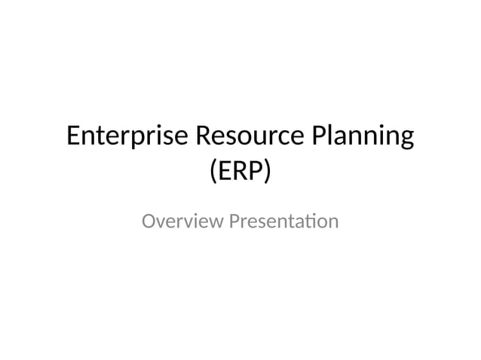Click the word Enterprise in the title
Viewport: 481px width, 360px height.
[x=127, y=138]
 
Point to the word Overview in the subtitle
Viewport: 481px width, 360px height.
[x=182, y=222]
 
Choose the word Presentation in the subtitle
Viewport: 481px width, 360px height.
[x=283, y=222]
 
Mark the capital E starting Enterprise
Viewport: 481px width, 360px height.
[x=73, y=137]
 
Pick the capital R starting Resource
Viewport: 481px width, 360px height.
[x=203, y=137]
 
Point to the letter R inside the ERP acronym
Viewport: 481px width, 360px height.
[x=238, y=172]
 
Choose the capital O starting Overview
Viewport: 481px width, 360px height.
[x=149, y=222]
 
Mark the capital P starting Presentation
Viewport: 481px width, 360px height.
[x=233, y=222]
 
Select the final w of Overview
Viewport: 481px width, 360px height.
[x=215, y=223]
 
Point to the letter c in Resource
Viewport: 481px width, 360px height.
[x=275, y=139]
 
